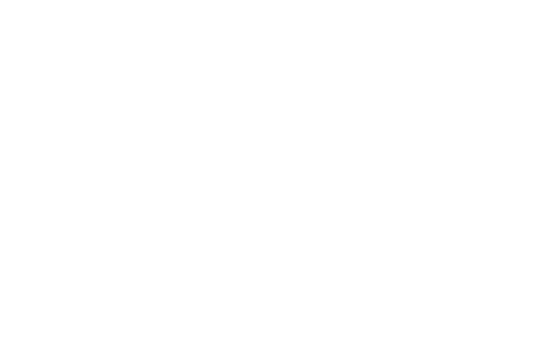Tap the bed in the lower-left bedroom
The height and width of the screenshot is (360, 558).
[x=427, y=299]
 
